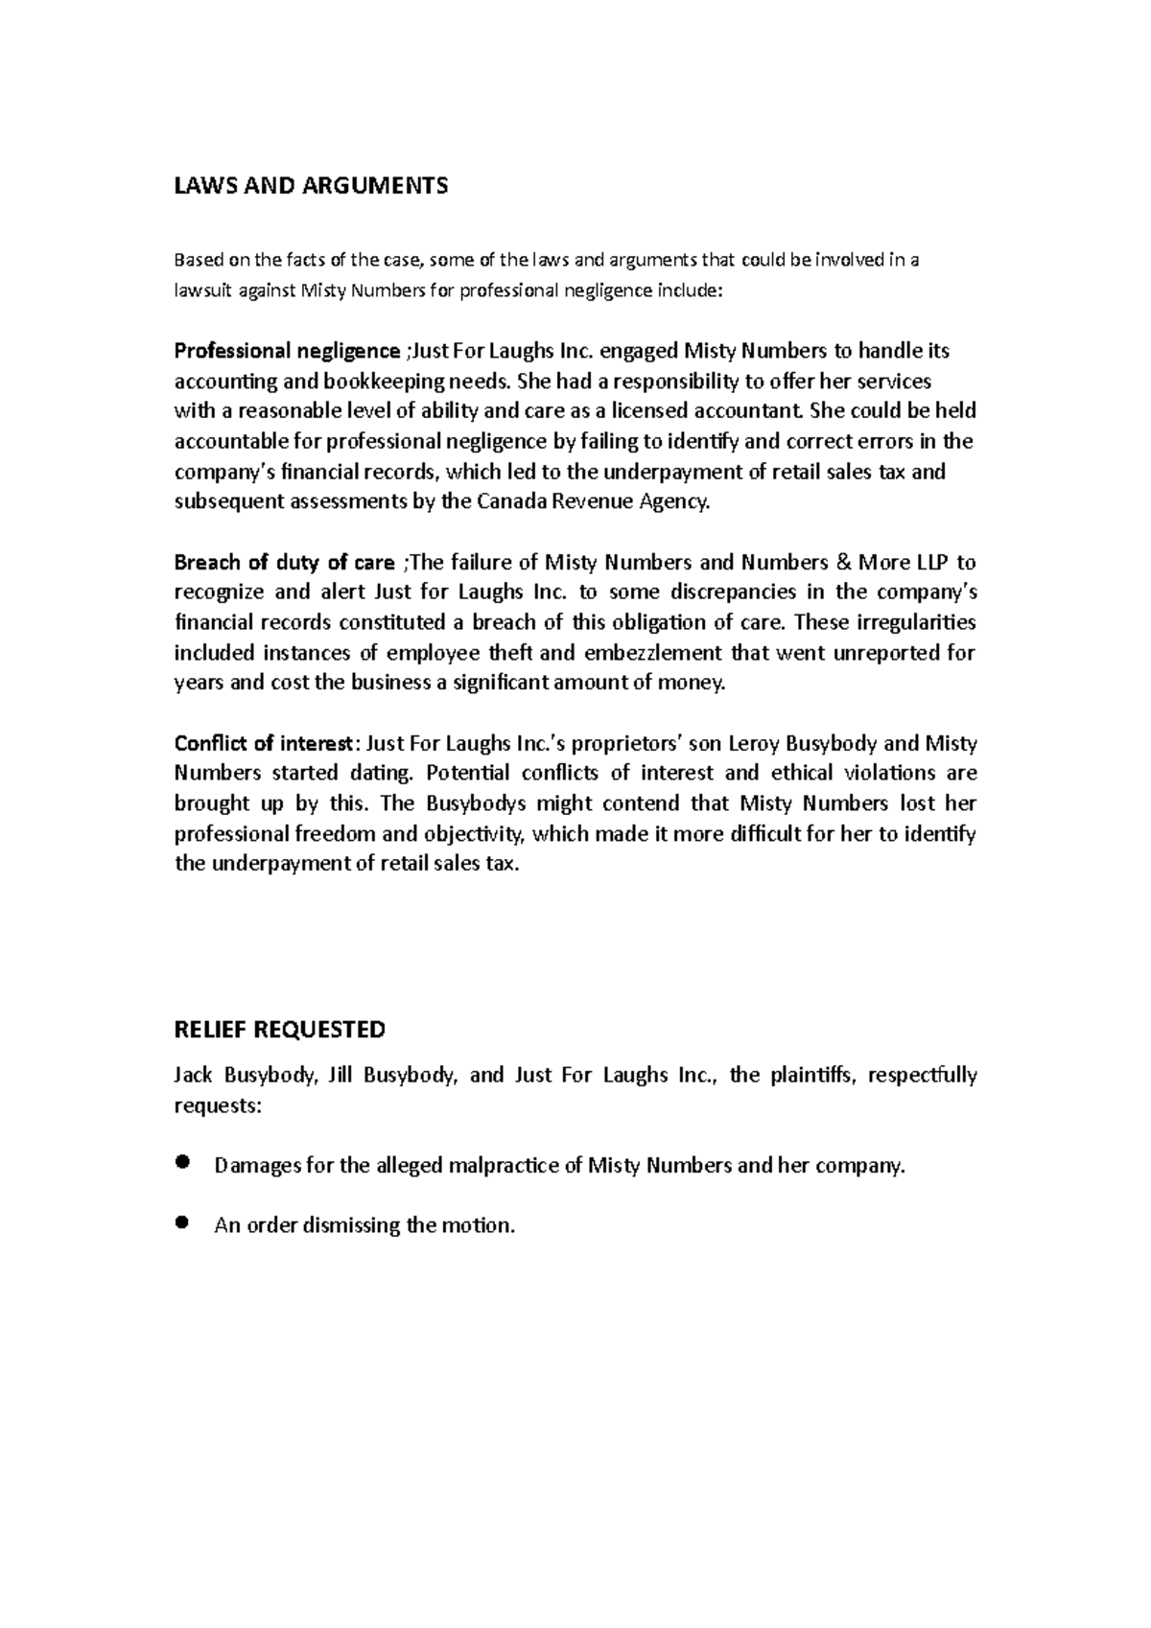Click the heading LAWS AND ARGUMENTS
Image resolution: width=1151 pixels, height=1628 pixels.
point(310,186)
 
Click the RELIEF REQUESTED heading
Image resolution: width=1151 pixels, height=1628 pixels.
point(279,1030)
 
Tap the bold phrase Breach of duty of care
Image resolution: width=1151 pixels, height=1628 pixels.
point(284,562)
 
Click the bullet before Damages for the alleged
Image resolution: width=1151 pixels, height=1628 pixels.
point(182,1163)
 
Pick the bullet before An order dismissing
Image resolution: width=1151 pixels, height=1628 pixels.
point(182,1222)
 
